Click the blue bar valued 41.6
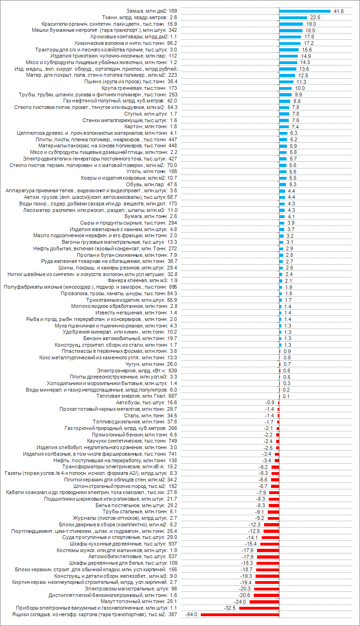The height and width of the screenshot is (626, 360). click(x=305, y=11)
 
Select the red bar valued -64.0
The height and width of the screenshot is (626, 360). click(x=240, y=614)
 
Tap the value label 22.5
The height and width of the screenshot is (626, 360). click(x=315, y=17)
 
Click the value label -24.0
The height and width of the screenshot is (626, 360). click(x=241, y=601)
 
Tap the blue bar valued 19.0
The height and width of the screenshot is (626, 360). click(x=291, y=24)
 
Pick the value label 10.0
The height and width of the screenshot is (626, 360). click(x=300, y=88)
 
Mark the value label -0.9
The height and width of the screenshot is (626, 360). click(x=270, y=402)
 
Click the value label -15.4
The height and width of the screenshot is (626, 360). click(x=251, y=544)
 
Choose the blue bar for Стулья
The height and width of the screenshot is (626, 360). click(x=284, y=114)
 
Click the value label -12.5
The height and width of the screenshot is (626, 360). click(x=254, y=531)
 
